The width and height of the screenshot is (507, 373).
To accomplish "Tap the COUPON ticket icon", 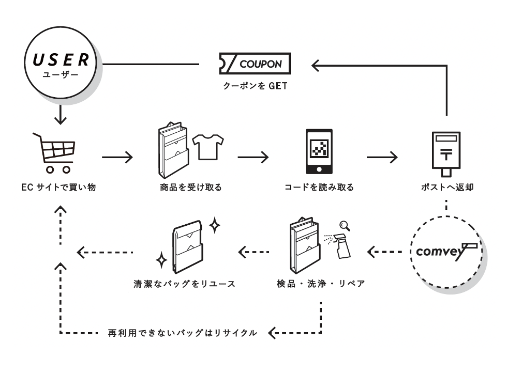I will click(x=255, y=64).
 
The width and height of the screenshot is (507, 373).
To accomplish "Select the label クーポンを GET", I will click(x=255, y=86).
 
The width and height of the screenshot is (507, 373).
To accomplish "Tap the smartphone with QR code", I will click(x=319, y=152).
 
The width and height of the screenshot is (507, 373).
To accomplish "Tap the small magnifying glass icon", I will click(x=345, y=225).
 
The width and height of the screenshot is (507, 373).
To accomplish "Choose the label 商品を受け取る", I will click(x=191, y=188).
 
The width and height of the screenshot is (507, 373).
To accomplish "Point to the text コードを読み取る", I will click(x=319, y=188).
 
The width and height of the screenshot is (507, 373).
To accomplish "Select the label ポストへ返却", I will click(x=446, y=188).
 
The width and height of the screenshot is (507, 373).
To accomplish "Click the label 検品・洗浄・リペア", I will click(x=321, y=284).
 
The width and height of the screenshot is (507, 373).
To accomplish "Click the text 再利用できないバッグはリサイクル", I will click(x=183, y=333).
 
